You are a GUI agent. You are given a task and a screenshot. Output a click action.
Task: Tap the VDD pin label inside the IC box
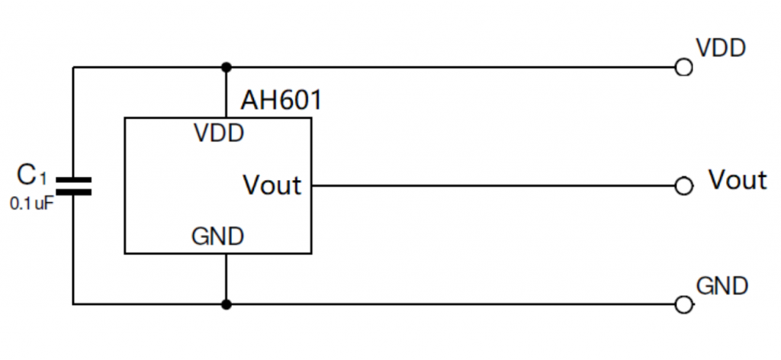click(219, 133)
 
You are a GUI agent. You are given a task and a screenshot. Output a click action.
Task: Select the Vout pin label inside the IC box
click(272, 185)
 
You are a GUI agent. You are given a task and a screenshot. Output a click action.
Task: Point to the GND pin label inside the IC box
click(218, 236)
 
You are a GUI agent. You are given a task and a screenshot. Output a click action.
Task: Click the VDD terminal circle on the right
click(684, 68)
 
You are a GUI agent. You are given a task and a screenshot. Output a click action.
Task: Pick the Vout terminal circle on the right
click(684, 186)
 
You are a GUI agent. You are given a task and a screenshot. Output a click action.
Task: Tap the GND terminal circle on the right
click(684, 305)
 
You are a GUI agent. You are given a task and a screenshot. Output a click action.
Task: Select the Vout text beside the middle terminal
click(737, 180)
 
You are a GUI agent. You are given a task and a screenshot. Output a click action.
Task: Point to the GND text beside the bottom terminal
click(722, 286)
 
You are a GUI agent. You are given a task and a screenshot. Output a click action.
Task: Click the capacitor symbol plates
click(73, 186)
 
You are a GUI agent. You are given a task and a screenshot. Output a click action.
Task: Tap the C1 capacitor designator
click(32, 177)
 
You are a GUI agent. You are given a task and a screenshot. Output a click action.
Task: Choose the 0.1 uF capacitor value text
click(32, 204)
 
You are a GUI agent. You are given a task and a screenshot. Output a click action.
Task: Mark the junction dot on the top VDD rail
click(226, 68)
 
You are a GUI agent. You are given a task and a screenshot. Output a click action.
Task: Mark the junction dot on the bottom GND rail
click(226, 305)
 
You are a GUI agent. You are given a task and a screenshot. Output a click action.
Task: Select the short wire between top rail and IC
click(226, 92)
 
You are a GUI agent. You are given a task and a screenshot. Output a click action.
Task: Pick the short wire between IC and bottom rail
click(226, 279)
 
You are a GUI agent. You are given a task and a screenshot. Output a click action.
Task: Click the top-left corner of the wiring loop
click(73, 68)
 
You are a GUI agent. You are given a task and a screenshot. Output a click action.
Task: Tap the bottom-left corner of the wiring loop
click(73, 305)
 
